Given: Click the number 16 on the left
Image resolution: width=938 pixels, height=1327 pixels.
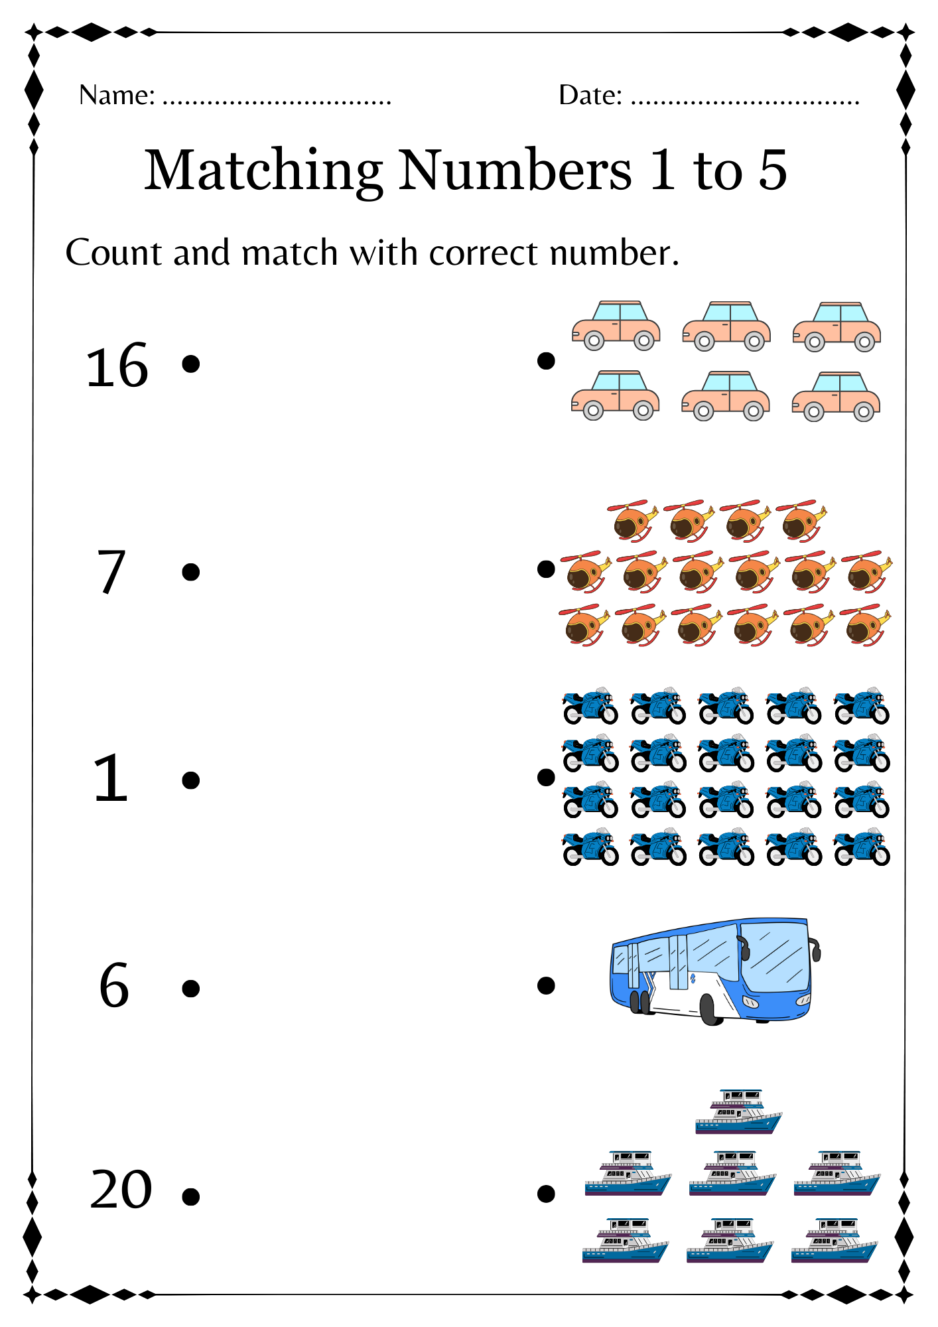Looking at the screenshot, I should pyautogui.click(x=117, y=366).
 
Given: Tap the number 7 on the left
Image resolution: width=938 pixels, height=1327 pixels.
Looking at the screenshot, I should pyautogui.click(x=111, y=573).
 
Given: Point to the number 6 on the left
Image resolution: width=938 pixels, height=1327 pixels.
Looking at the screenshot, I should pyautogui.click(x=113, y=986).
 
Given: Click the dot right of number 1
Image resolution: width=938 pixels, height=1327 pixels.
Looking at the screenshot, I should pyautogui.click(x=190, y=780).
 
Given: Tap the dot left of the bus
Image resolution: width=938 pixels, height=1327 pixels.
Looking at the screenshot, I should pyautogui.click(x=546, y=985).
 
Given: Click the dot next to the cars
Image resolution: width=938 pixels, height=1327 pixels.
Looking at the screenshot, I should pyautogui.click(x=546, y=361).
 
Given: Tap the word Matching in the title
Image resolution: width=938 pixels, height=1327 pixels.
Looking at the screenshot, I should pyautogui.click(x=263, y=171).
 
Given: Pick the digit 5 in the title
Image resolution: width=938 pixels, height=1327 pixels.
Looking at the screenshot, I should pyautogui.click(x=772, y=171).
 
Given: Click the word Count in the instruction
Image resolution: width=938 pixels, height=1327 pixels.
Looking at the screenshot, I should pyautogui.click(x=113, y=253).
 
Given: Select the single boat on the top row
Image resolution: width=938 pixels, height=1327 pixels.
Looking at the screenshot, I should pyautogui.click(x=738, y=1112).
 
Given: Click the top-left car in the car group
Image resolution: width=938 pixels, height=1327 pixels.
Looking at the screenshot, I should pyautogui.click(x=616, y=326).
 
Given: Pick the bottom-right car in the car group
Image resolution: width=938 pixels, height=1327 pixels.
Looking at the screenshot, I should pyautogui.click(x=836, y=397).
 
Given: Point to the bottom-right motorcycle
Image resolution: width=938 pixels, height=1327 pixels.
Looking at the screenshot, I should pyautogui.click(x=862, y=847).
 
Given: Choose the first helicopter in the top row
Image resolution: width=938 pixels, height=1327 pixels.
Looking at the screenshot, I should pyautogui.click(x=632, y=521).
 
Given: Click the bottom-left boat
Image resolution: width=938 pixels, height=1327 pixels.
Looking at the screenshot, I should pyautogui.click(x=625, y=1240).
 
